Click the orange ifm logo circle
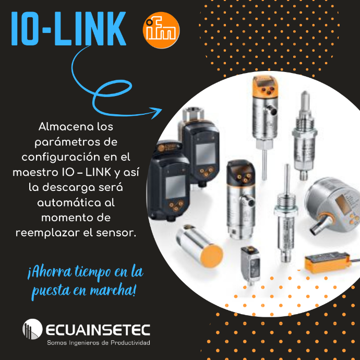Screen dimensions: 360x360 point(161,30)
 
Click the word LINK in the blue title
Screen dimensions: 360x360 point(90,29)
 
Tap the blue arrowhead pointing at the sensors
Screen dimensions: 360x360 point(157,113)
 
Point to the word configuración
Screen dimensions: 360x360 point(61,158)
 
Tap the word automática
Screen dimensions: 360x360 point(66,203)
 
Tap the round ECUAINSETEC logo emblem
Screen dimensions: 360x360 point(32,329)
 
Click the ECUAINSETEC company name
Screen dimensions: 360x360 point(98,330)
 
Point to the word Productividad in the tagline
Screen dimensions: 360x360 point(130,343)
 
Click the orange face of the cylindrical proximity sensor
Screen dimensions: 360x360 point(211,256)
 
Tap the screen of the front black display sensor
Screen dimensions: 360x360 point(175,187)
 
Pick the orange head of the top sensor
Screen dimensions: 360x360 point(265,86)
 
